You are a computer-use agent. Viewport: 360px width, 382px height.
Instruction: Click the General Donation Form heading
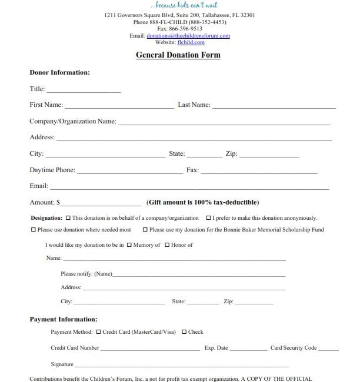point(178,55)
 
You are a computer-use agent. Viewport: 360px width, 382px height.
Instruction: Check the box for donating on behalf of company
point(68,217)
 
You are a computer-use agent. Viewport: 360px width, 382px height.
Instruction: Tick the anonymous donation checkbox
point(208,217)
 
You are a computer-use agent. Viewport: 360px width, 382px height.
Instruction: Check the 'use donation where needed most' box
point(33,230)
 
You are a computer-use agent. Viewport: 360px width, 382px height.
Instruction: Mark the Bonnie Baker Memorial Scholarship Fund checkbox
point(145,230)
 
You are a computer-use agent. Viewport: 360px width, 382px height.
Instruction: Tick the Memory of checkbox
point(129,245)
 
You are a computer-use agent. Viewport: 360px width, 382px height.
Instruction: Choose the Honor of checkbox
point(167,245)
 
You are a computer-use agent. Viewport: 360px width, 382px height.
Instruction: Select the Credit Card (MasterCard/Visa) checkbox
point(98,332)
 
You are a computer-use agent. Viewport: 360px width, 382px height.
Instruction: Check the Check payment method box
point(184,332)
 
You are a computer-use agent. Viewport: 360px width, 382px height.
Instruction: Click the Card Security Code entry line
point(329,350)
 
